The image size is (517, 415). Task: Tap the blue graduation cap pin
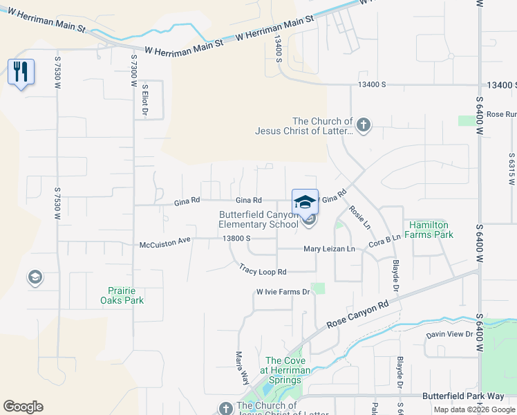(305, 201)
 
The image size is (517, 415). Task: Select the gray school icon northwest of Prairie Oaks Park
(34, 278)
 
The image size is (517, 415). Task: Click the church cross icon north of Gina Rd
(364, 125)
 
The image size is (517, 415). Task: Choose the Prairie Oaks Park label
(126, 295)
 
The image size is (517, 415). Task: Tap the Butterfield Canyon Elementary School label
(258, 219)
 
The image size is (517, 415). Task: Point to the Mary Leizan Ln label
(329, 249)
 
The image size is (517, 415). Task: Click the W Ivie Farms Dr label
(284, 292)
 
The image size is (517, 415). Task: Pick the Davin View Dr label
(449, 334)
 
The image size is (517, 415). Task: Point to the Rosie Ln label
(360, 218)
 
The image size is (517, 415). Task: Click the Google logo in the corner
(23, 407)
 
